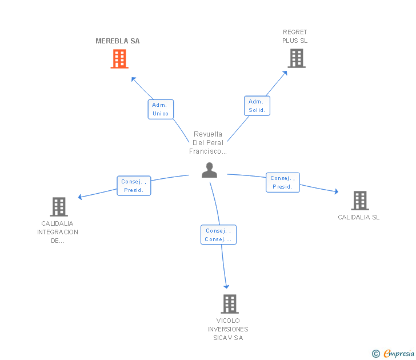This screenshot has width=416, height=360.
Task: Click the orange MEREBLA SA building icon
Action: coord(119,59)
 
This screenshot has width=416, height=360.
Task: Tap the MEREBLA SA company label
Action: coord(118,41)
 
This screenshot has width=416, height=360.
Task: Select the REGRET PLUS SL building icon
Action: coord(296,58)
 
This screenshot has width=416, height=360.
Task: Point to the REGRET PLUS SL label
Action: coord(295,37)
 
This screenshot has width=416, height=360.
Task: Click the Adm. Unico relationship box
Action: coord(161,109)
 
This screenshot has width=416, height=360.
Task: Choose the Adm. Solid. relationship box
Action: coord(257,106)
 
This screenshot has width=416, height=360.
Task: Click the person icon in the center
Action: coord(210,170)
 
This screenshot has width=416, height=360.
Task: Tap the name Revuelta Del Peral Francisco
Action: coord(208,143)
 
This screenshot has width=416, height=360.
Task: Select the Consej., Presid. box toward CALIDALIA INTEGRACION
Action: coord(134,186)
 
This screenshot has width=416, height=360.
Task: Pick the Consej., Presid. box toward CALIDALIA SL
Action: coord(282,182)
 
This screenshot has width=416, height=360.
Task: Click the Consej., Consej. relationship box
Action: coord(218,235)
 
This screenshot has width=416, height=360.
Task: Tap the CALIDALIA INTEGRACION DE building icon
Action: coord(58,206)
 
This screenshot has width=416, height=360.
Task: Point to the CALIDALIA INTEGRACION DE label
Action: coord(58,232)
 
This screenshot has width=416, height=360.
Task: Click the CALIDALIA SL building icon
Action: coord(359,201)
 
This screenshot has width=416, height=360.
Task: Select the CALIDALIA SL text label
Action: coord(358,217)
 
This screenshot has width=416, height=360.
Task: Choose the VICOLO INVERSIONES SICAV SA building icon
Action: coord(229,303)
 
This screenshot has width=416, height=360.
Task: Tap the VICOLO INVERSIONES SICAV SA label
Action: coord(228,329)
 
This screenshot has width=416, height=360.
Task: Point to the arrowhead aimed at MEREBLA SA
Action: coord(133,78)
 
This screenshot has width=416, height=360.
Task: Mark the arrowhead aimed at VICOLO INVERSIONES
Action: coord(226,286)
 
